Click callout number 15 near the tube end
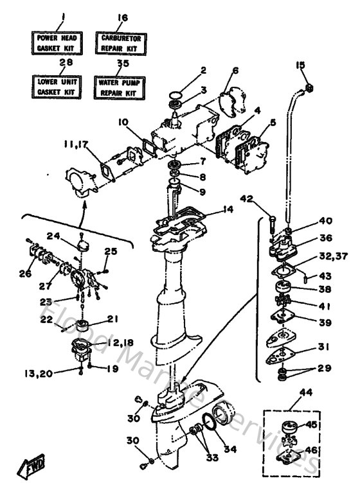(x=300, y=65)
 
